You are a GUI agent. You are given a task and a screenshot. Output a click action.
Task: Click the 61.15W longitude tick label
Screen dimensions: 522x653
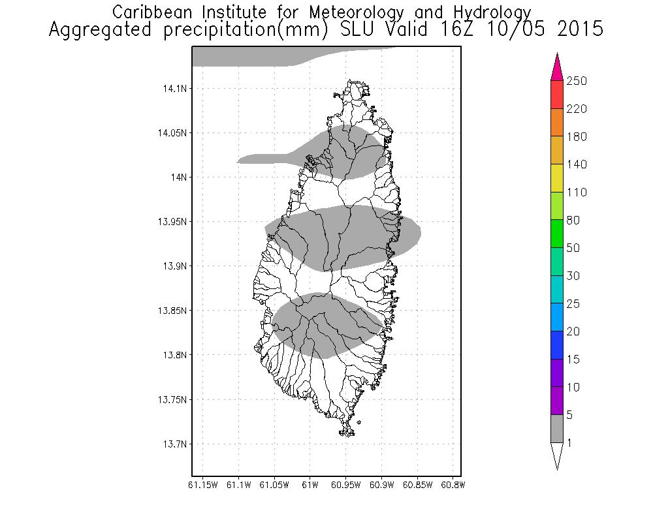[x=203, y=485]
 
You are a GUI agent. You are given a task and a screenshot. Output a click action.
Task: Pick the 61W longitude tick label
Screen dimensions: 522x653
[x=310, y=485]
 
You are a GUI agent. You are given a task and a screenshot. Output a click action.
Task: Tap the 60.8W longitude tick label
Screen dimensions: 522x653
[x=453, y=485]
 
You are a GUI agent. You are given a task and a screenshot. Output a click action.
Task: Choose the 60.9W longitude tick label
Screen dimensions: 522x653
[x=381, y=485]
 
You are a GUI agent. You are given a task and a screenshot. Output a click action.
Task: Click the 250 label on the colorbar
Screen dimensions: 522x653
[x=577, y=81]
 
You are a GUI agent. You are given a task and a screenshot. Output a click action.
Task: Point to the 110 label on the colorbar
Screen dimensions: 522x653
[x=577, y=192]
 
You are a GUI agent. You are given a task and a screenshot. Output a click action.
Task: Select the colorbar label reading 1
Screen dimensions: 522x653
[x=571, y=443]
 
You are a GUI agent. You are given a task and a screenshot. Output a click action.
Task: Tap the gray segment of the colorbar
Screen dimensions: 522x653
[x=557, y=429]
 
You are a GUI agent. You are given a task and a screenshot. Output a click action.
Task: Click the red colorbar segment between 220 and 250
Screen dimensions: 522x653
[x=557, y=95]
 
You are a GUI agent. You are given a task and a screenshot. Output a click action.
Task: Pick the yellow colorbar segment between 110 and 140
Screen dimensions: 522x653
[x=557, y=178]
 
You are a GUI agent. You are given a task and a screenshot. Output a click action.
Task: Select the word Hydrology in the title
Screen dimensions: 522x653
[x=490, y=12]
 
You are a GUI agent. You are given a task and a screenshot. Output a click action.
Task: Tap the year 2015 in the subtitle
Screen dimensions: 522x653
[x=575, y=29]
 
